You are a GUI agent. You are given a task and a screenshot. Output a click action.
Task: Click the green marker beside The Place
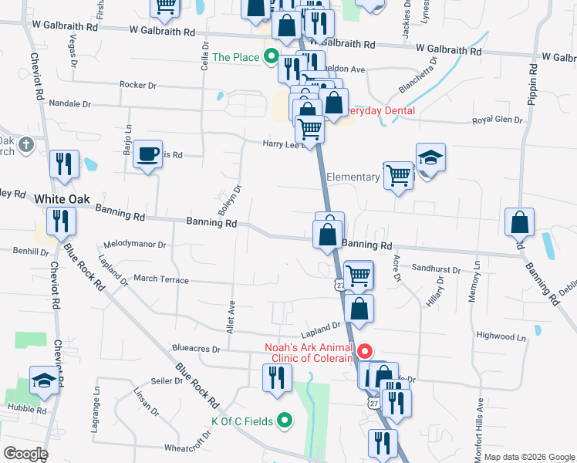(271, 56)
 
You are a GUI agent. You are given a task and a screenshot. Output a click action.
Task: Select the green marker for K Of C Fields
(285, 421)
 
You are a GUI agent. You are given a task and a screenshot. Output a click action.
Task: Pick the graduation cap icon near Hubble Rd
(43, 380)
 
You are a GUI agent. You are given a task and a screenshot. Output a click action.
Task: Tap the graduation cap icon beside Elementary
(430, 158)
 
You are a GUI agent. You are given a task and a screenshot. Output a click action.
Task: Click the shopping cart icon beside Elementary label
(398, 175)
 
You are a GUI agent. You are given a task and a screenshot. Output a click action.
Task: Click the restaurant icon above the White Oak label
(63, 164)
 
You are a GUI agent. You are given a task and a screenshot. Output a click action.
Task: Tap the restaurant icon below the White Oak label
(59, 221)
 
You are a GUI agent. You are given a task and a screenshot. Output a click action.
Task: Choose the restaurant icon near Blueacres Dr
(276, 377)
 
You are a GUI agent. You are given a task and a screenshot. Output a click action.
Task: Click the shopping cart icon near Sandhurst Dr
(358, 275)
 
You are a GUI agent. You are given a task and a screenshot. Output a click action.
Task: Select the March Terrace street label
(160, 279)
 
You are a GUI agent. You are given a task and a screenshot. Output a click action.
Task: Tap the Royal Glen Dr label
(498, 120)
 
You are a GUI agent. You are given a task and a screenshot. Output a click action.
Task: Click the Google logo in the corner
(25, 454)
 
